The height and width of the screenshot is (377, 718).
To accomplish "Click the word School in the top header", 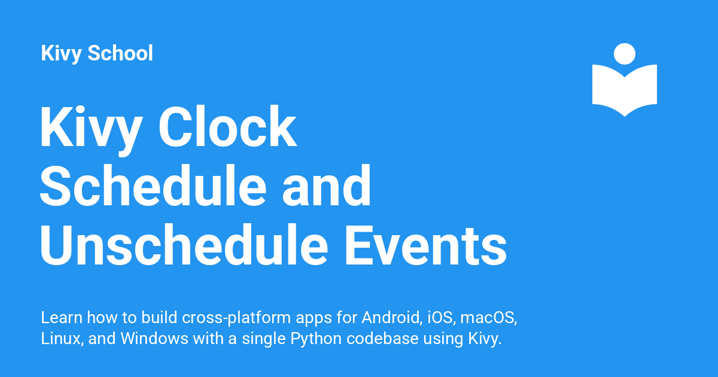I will [120, 53].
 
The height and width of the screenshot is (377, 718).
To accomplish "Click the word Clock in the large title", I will [228, 128].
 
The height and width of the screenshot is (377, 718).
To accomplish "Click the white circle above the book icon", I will [624, 54].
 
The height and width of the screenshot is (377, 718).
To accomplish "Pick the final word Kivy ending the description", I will [483, 339].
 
